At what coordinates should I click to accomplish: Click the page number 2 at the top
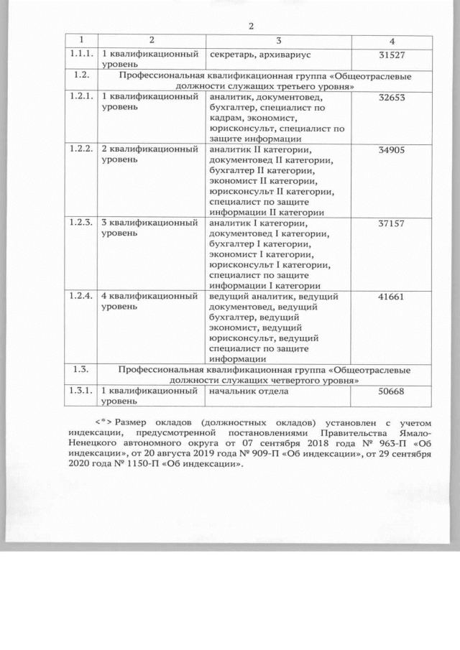(252, 26)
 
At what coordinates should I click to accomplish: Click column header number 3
(277, 41)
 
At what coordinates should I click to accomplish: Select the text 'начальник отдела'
(249, 391)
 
